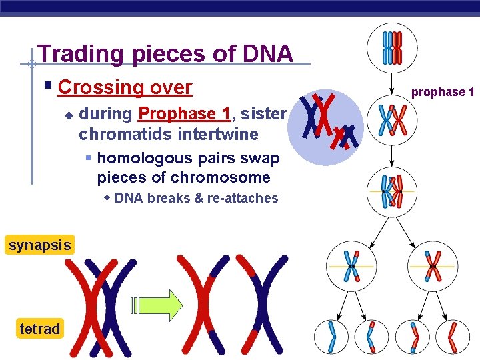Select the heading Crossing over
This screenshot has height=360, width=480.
[125, 87]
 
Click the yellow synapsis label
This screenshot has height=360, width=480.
[39, 245]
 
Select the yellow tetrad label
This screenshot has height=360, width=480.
[39, 329]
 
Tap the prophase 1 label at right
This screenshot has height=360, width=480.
[442, 92]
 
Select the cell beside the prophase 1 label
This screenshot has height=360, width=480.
[392, 121]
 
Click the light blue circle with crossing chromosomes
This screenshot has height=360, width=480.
[327, 127]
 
